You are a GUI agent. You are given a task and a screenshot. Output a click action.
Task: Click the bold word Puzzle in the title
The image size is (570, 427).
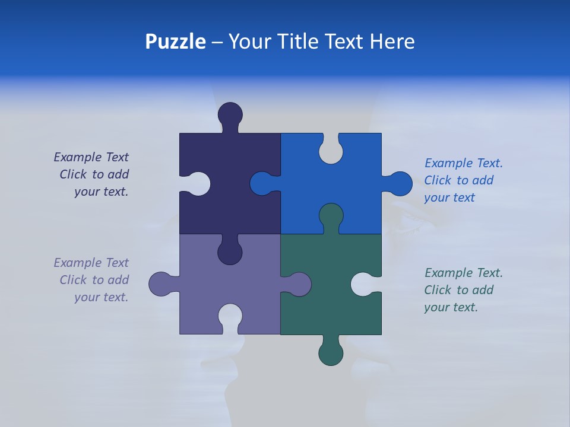175,42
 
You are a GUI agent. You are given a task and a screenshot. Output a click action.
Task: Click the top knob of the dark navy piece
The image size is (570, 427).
230,114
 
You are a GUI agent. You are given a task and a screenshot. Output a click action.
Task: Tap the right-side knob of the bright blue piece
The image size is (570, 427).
400,184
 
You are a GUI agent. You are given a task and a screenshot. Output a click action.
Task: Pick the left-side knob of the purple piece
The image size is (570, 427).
161,284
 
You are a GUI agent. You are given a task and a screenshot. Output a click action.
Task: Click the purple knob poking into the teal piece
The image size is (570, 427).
299,284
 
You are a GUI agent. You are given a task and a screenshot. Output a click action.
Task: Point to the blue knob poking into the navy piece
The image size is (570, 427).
262,183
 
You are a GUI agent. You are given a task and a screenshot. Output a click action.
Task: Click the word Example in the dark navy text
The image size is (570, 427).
78,157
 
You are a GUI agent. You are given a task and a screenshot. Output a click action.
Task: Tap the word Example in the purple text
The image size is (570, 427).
78,263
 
